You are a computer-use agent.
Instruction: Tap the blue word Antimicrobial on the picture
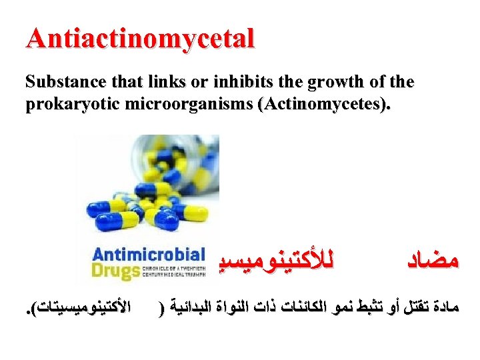click(x=148, y=255)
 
